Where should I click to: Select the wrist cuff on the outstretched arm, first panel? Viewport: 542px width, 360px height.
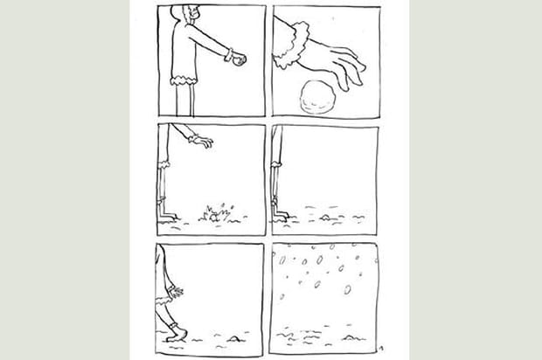point(229,54)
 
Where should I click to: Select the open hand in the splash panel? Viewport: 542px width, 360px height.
point(203,140)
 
